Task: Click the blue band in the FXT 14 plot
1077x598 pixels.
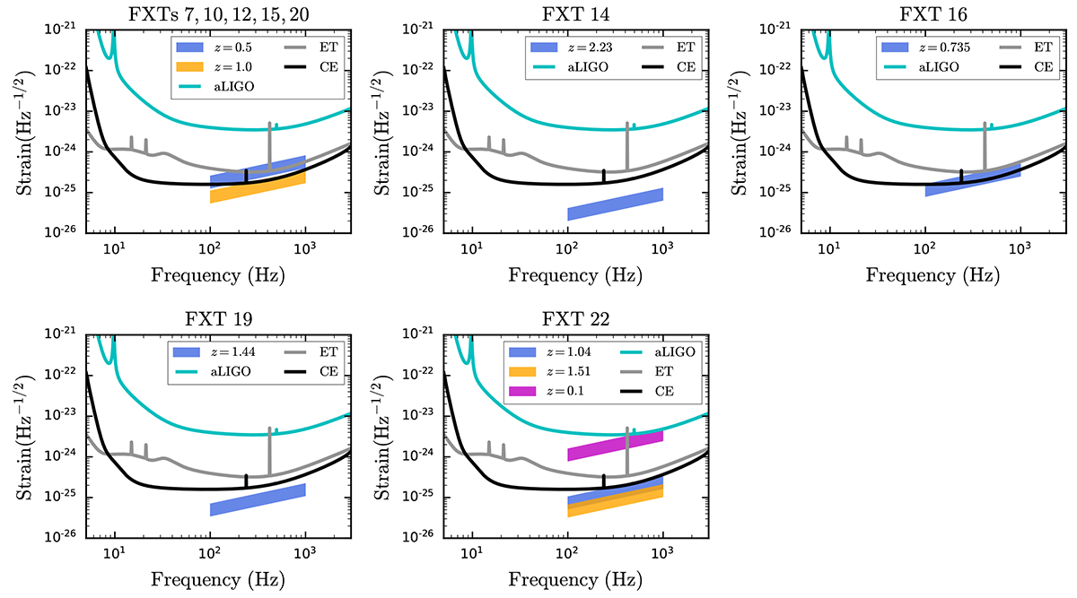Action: tap(615, 204)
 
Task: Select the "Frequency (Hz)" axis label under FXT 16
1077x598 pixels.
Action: tap(933, 276)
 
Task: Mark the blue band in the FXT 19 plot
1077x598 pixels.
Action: tap(258, 499)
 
